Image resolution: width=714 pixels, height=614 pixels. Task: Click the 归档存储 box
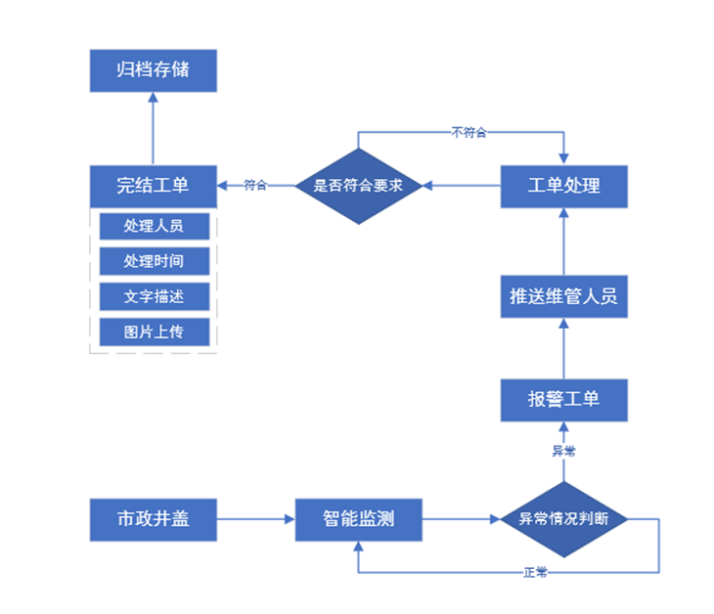click(153, 71)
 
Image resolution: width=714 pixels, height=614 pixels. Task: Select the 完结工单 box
click(153, 185)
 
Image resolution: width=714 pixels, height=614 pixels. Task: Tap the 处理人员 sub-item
click(154, 226)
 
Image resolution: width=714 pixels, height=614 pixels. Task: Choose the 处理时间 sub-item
click(154, 261)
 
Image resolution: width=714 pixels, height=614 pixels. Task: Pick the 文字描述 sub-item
click(154, 296)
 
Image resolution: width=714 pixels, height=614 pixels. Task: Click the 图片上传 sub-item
click(154, 331)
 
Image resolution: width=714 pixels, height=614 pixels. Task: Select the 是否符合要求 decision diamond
click(358, 185)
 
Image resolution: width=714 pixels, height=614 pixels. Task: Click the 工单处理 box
click(563, 185)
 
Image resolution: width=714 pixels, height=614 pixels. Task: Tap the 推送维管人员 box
click(563, 296)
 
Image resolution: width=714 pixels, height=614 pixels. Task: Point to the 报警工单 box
click(563, 399)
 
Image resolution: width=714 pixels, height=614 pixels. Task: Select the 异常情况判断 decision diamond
click(563, 518)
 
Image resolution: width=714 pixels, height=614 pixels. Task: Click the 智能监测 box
click(358, 518)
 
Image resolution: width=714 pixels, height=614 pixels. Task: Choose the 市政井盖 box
click(153, 518)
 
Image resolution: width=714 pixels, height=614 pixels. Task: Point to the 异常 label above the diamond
click(563, 451)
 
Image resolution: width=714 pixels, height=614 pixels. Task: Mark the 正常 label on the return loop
click(535, 572)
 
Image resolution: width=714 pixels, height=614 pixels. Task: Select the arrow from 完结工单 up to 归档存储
click(153, 127)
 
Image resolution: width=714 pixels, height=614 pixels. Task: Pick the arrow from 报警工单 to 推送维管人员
click(563, 348)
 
